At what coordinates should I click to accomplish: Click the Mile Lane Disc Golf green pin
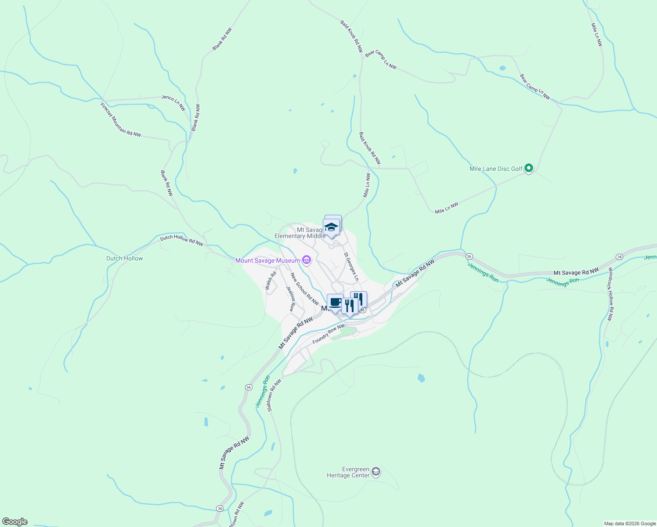point(529,168)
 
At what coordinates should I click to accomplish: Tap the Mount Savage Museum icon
point(307,260)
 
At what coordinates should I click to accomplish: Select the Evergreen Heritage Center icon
point(375,472)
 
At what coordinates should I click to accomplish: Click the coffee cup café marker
point(335,302)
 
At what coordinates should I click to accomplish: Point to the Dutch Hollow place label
point(125,258)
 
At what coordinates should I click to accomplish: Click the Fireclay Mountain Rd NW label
point(121,120)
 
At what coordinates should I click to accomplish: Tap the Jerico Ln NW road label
point(173,103)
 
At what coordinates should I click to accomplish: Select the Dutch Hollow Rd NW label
point(181,240)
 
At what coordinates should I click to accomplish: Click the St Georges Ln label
point(351,267)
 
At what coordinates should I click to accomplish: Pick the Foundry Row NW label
point(328,334)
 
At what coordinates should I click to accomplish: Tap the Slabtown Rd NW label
point(274,395)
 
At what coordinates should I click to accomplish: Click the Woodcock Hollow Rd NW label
point(610,294)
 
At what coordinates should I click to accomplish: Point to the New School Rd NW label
point(304,289)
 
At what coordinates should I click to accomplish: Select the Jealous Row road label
point(290,299)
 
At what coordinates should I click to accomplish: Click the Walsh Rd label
point(271,281)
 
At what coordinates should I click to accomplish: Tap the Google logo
point(15,522)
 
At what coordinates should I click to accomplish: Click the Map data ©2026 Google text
point(629,523)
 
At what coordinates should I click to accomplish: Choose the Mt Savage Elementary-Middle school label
point(300,233)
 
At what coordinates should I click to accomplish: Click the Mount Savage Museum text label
point(267,260)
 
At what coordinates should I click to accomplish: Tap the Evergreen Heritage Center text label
point(348,472)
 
